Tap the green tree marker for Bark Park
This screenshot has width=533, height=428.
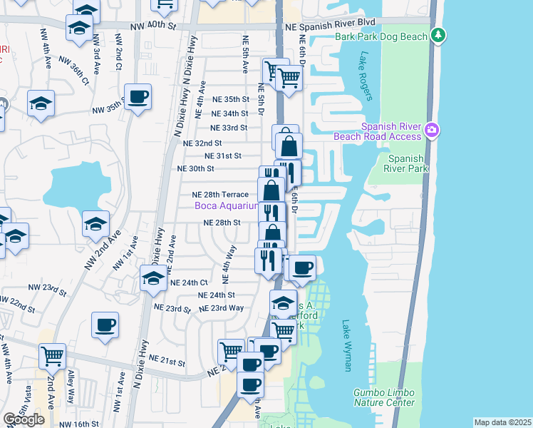tap(439, 34)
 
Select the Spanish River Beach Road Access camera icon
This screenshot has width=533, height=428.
tap(431, 130)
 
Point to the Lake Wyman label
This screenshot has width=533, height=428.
tap(347, 345)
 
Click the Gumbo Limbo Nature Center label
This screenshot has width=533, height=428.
tap(384, 397)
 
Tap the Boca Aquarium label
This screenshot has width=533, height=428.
tap(227, 206)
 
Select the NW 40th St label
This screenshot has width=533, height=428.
tap(152, 26)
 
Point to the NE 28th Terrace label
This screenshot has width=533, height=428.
tap(220, 194)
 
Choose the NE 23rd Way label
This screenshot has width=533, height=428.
tap(222, 308)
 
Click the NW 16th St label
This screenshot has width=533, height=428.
tap(78, 424)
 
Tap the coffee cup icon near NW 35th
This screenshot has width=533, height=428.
tap(138, 97)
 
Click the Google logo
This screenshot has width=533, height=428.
tap(24, 419)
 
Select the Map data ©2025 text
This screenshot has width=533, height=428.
tap(502, 422)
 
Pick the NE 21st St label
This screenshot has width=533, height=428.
tap(167, 362)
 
